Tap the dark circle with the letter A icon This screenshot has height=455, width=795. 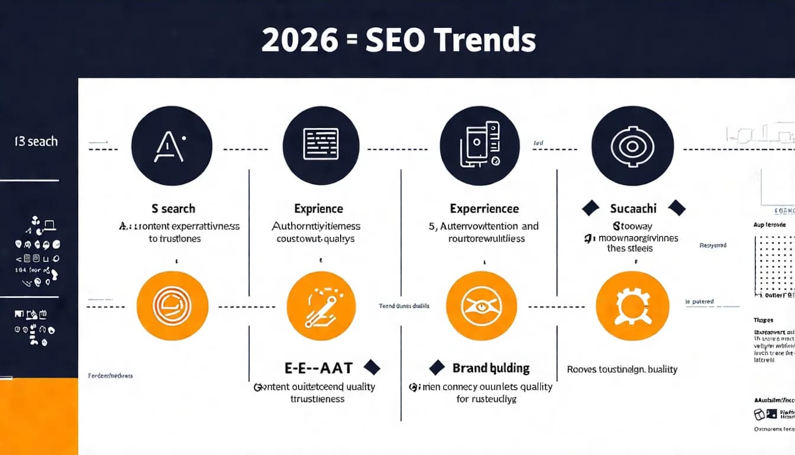click(x=172, y=146)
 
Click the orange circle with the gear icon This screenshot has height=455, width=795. click(x=632, y=306)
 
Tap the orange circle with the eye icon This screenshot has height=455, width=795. click(x=481, y=306)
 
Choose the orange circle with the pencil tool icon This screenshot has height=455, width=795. click(x=321, y=306)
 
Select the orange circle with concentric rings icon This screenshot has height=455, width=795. click(x=172, y=306)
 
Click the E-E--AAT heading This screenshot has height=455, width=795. click(x=319, y=368)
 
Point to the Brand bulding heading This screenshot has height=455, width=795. click(x=491, y=368)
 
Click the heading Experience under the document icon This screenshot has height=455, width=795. click(x=318, y=209)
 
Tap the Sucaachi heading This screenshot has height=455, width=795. click(x=633, y=209)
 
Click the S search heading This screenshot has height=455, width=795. click(x=173, y=209)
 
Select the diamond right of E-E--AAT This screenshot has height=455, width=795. click(x=371, y=367)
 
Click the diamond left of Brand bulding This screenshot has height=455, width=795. click(x=437, y=367)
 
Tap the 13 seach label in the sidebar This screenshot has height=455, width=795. click(x=36, y=142)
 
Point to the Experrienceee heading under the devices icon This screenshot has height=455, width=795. click(x=484, y=209)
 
